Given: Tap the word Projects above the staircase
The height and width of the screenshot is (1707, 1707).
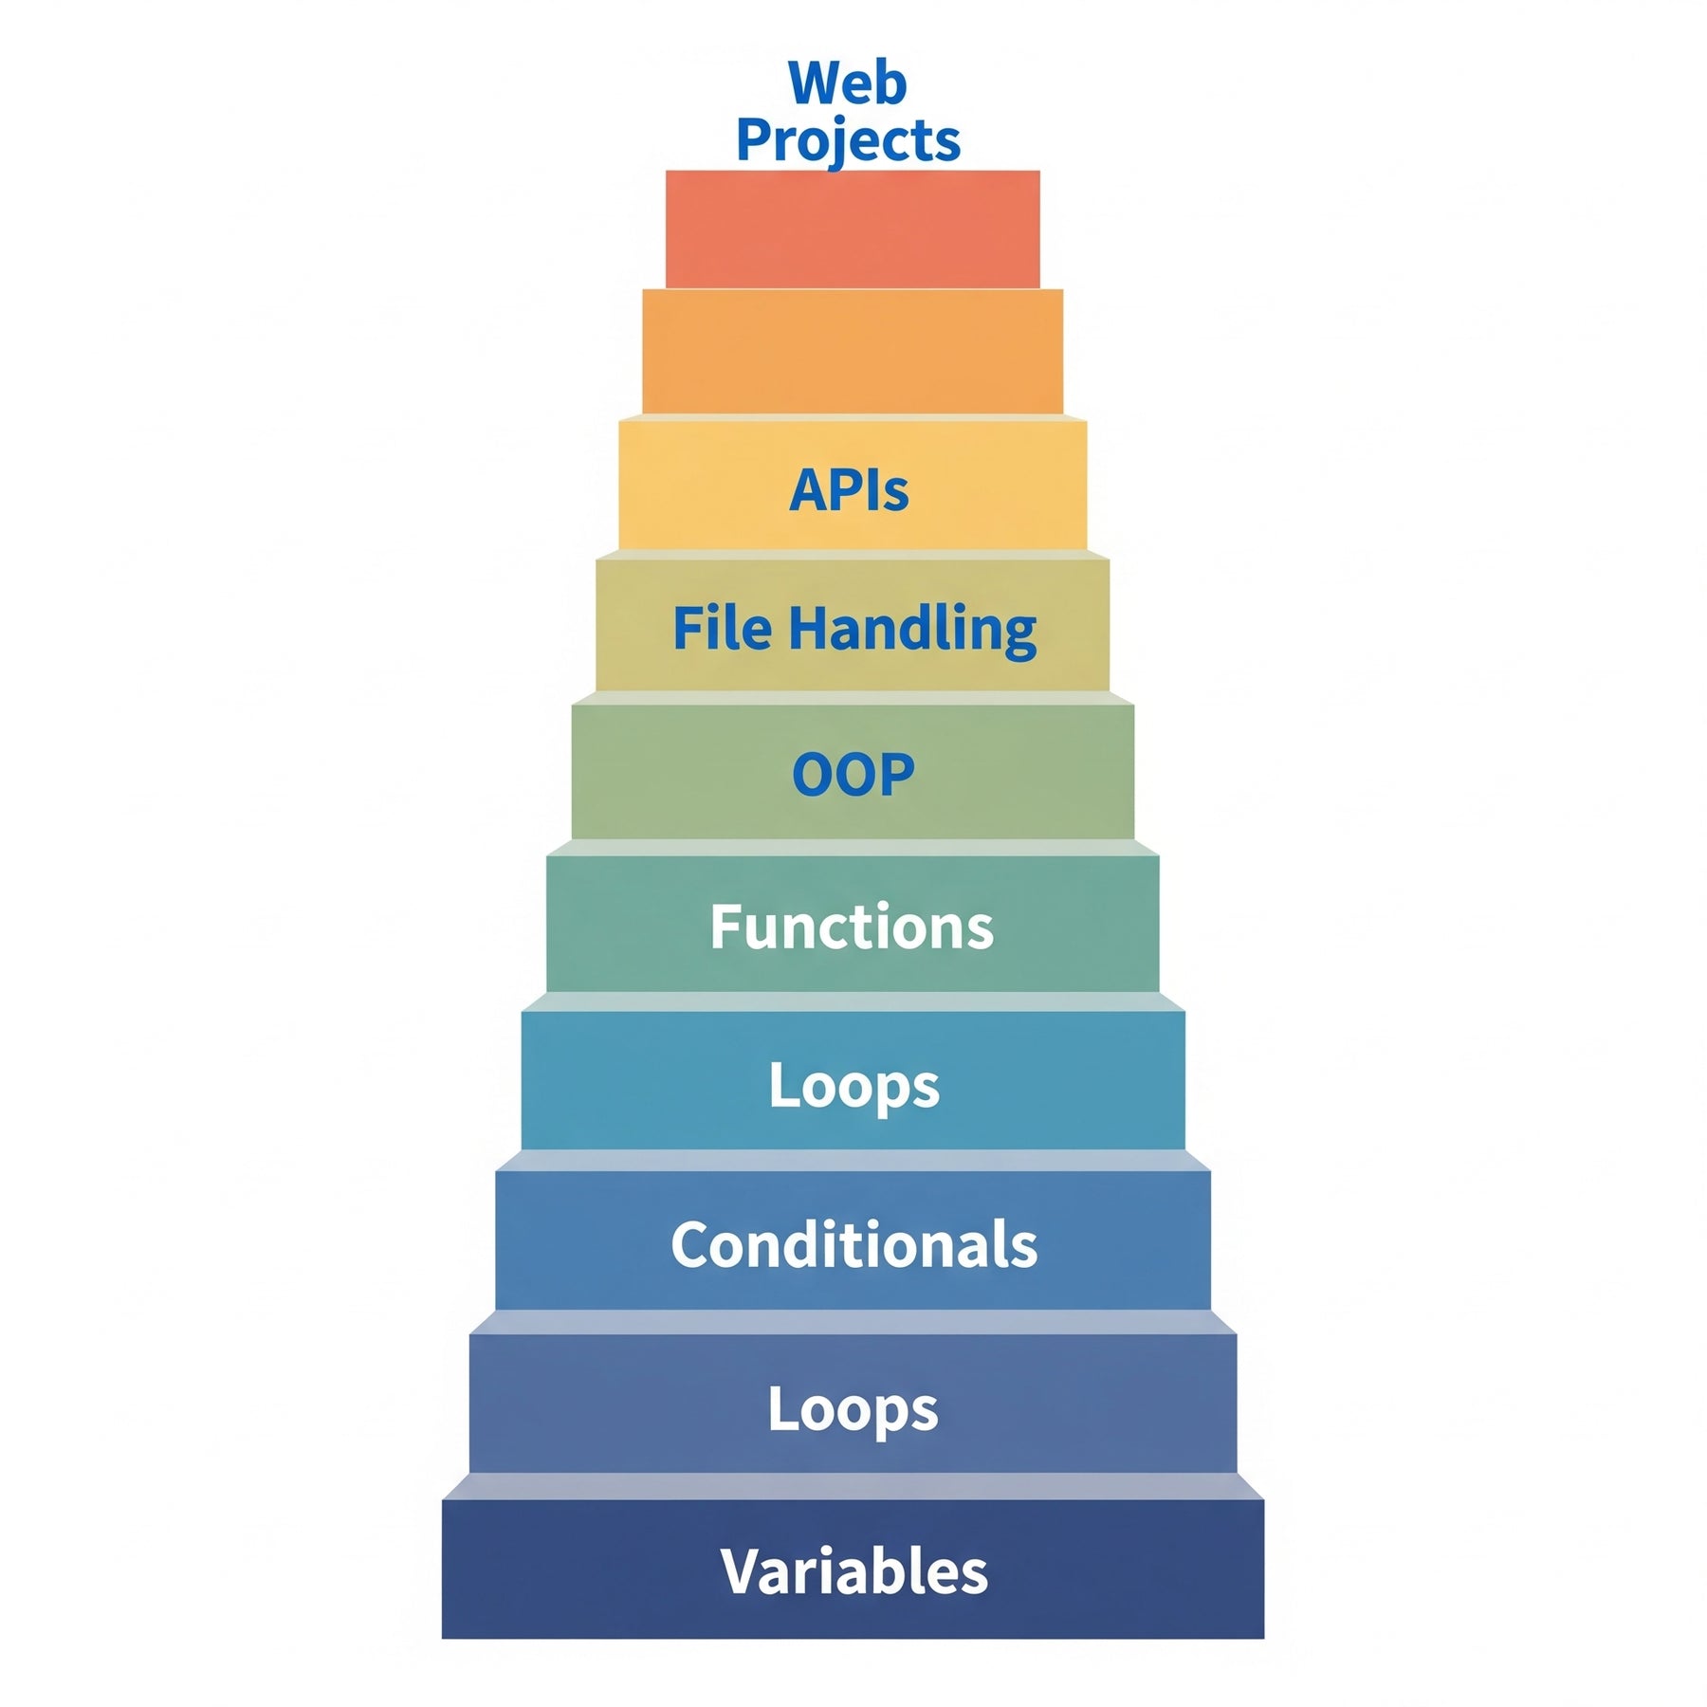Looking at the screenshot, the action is (848, 140).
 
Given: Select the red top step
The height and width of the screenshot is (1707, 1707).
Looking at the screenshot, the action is (853, 229).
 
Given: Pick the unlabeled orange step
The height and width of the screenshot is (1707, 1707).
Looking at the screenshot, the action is (853, 351).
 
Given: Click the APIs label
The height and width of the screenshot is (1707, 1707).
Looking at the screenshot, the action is (849, 489).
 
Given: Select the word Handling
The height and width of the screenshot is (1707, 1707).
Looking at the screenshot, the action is (912, 630).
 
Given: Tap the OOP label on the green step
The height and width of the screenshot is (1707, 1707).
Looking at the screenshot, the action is (853, 774).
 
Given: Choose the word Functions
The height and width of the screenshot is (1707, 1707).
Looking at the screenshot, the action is (852, 927).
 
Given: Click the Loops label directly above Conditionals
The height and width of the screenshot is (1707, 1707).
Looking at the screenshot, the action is (853, 1086).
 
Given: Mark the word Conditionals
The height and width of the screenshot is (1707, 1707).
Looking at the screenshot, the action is (853, 1244).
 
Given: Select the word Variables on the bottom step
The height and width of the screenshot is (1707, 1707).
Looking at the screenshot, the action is (853, 1571).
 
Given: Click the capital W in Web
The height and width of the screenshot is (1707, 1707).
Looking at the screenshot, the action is (818, 83).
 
